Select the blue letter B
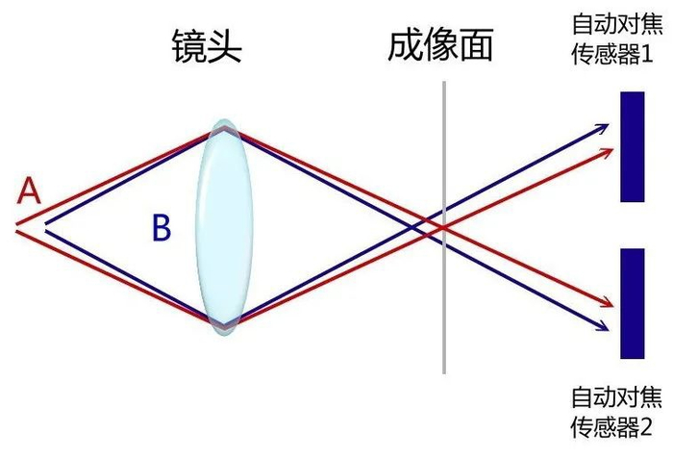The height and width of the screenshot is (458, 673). pos(162,228)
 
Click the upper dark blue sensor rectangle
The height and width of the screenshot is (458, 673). pos(632,146)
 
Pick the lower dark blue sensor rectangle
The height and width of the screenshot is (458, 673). pos(632,303)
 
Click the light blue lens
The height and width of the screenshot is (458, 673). pos(224,227)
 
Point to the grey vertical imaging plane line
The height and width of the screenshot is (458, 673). pos(444,289)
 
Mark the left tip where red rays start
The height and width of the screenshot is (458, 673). pos(17,227)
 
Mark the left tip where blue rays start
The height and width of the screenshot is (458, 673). pos(44,227)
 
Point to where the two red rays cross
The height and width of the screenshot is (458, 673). pos(444,228)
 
